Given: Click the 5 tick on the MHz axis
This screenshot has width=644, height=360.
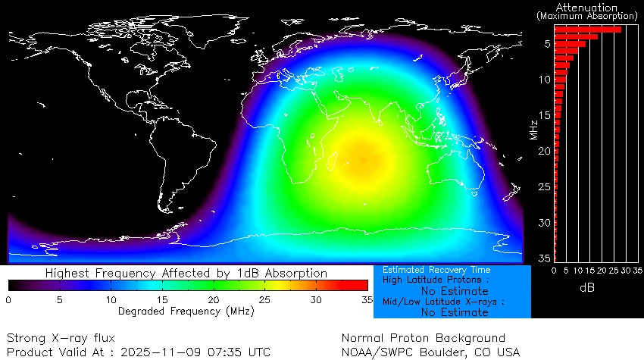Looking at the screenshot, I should point(546,44).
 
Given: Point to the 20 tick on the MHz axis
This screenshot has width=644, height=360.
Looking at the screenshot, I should point(545,151).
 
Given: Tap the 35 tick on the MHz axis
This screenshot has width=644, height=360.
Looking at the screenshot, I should point(545,258).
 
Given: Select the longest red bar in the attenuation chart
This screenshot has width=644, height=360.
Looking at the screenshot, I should point(587,30).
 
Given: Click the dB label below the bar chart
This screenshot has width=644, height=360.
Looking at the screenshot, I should point(587,288).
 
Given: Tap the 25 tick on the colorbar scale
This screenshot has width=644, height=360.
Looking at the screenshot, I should point(264,300).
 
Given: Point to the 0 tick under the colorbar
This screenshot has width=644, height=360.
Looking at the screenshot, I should point(8,300).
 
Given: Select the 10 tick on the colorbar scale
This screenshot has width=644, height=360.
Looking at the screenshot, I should point(111,300).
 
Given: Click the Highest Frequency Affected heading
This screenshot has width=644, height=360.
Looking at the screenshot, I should point(186,273).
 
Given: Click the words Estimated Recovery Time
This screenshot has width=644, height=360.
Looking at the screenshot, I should point(436,270).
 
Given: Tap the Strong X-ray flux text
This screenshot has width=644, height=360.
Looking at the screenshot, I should point(61,337).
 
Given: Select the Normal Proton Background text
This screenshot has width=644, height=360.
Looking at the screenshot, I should point(423,337).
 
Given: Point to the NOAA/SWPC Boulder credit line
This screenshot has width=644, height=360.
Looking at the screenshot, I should point(430,352).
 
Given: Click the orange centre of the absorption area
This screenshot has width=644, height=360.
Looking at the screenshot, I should point(361,158).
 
